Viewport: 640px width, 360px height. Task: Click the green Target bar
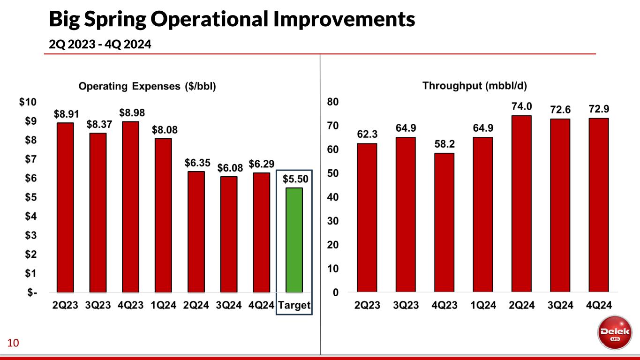[x=294, y=240]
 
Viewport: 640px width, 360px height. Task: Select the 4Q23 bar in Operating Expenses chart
[x=130, y=206]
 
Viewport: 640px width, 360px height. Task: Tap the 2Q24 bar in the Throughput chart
[x=521, y=203]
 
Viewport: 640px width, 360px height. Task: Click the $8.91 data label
[x=65, y=113]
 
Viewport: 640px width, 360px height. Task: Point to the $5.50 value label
[x=294, y=179]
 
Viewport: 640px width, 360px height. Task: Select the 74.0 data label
[x=521, y=106]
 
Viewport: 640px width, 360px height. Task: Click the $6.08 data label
[x=229, y=167]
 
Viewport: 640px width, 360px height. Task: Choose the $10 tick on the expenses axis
[x=31, y=102]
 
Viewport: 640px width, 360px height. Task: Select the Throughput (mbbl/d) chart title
[x=475, y=86]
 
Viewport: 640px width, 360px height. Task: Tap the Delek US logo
[x=612, y=333]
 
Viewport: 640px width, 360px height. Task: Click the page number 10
[x=13, y=344]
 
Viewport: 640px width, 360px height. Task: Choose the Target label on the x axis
[x=294, y=306]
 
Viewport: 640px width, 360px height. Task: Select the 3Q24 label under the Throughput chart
[x=560, y=306]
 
